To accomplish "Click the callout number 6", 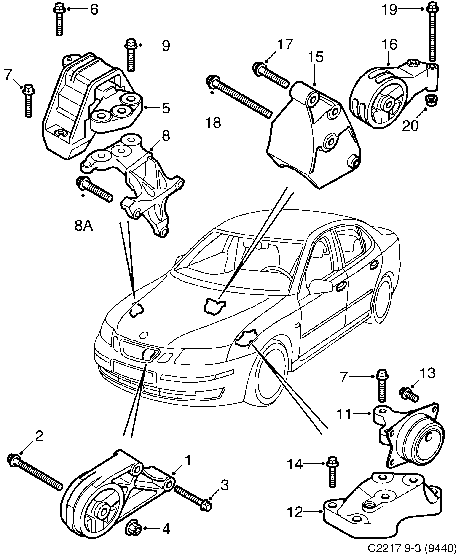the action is point(94,10).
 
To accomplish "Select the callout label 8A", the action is point(84,226).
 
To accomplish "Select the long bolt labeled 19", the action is point(432,34).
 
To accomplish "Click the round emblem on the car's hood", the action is point(144,335).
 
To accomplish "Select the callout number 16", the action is point(389,44).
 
